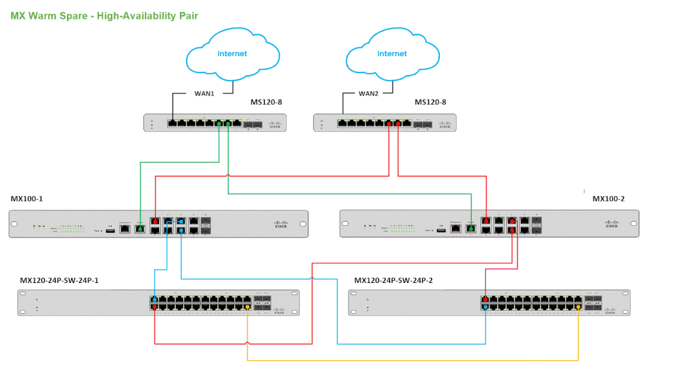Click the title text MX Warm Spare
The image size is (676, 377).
click(50, 16)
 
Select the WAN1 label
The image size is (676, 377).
click(201, 93)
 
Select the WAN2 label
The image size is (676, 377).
click(368, 93)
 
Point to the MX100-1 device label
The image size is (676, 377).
click(28, 199)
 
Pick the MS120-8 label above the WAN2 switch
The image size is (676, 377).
click(430, 103)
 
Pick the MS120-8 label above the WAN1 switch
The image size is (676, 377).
click(266, 103)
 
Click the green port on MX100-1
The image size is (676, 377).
click(140, 229)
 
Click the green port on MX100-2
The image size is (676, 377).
click(470, 229)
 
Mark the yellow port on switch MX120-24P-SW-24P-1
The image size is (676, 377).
click(247, 308)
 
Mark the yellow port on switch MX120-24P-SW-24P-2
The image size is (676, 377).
click(578, 308)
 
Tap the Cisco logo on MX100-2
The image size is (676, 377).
click(612, 224)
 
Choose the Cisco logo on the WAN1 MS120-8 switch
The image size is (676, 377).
click(275, 125)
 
